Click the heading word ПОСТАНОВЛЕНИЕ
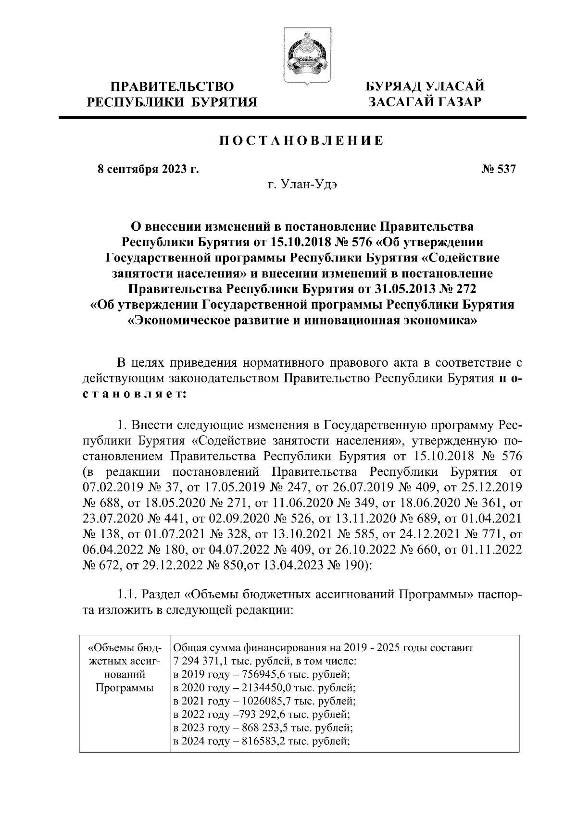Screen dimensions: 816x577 [301, 141]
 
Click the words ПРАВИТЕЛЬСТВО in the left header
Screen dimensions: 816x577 [173, 87]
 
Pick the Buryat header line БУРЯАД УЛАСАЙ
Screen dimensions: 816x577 [425, 87]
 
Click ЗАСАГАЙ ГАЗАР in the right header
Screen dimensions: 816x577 [425, 102]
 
